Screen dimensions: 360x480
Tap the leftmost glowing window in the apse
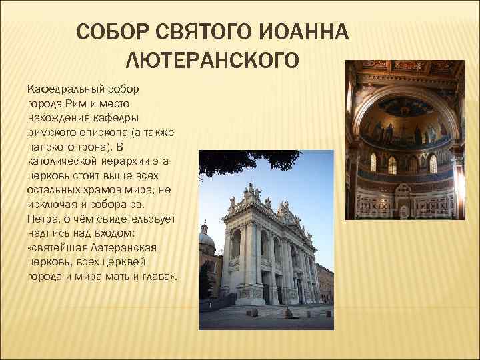(373, 162)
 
